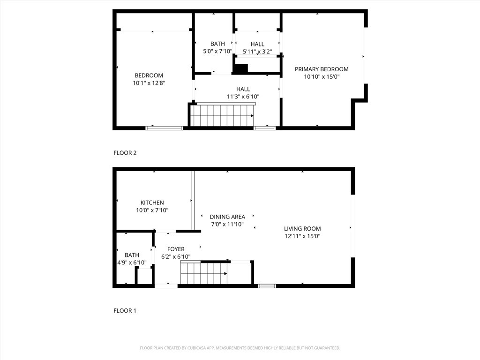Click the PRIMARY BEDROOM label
[x=322, y=69]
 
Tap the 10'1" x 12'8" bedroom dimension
[x=149, y=83]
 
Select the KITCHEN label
[x=152, y=202]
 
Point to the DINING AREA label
[x=227, y=217]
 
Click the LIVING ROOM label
[x=302, y=229]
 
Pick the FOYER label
[x=173, y=249]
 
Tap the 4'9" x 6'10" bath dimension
[x=132, y=262]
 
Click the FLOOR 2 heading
[x=125, y=153]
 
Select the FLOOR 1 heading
[x=125, y=310]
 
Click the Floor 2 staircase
[x=222, y=115]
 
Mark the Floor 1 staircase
[x=204, y=273]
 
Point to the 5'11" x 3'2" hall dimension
[x=257, y=52]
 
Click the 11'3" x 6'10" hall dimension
[x=243, y=97]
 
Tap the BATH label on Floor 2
[x=217, y=44]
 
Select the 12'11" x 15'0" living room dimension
[x=302, y=236]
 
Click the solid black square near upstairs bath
[x=240, y=68]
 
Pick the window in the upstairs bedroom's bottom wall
[x=164, y=127]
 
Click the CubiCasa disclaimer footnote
[x=240, y=348]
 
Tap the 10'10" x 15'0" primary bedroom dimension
[x=322, y=76]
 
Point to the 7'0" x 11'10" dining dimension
[x=227, y=224]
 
